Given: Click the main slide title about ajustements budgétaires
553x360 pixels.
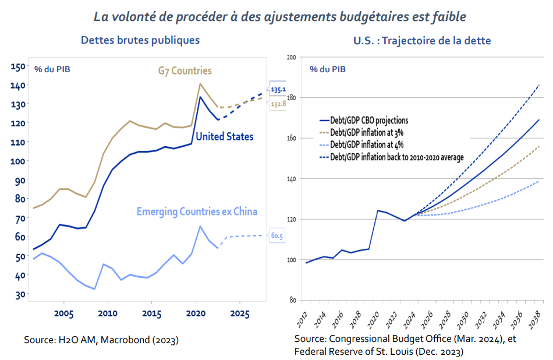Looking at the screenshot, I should (280, 16).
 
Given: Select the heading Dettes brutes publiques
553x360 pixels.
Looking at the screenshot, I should (140, 40).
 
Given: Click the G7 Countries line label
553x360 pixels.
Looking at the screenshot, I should (185, 71).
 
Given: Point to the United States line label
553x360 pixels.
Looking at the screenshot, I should (224, 136).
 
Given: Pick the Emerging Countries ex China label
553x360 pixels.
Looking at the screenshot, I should (197, 211).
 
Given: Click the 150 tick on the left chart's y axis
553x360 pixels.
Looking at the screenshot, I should (18, 66).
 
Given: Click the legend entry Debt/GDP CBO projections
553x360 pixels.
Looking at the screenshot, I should (369, 121).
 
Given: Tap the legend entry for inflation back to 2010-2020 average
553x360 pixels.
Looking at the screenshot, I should (396, 156).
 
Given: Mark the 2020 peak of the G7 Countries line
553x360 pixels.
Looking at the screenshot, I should (200, 84).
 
